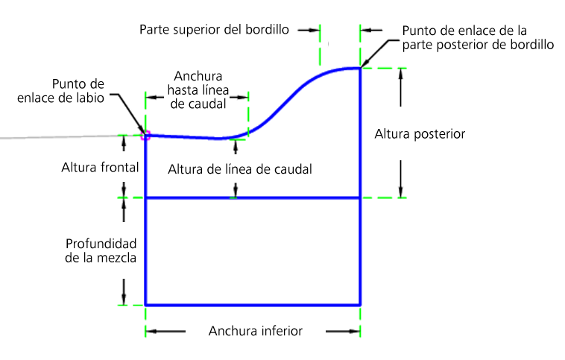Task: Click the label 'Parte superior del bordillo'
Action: pos(214,30)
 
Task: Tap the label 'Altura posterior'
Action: pos(420,134)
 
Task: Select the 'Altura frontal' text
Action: pos(100,168)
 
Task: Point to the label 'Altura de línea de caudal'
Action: pos(239,169)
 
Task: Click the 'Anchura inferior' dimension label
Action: pos(256,331)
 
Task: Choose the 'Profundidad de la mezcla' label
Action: pos(101,251)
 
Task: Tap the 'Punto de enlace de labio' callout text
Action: pos(60,91)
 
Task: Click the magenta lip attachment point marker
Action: pos(145,136)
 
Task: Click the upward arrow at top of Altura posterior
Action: pos(400,87)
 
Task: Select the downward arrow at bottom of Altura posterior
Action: pos(400,179)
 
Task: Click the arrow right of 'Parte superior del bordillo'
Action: pos(309,31)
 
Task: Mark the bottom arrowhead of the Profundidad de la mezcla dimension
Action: pos(124,299)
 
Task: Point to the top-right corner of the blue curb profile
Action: pos(360,68)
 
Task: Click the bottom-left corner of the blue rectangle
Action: pos(145,305)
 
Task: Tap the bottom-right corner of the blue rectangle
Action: pos(360,305)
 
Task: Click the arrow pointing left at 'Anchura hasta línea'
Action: pos(155,97)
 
